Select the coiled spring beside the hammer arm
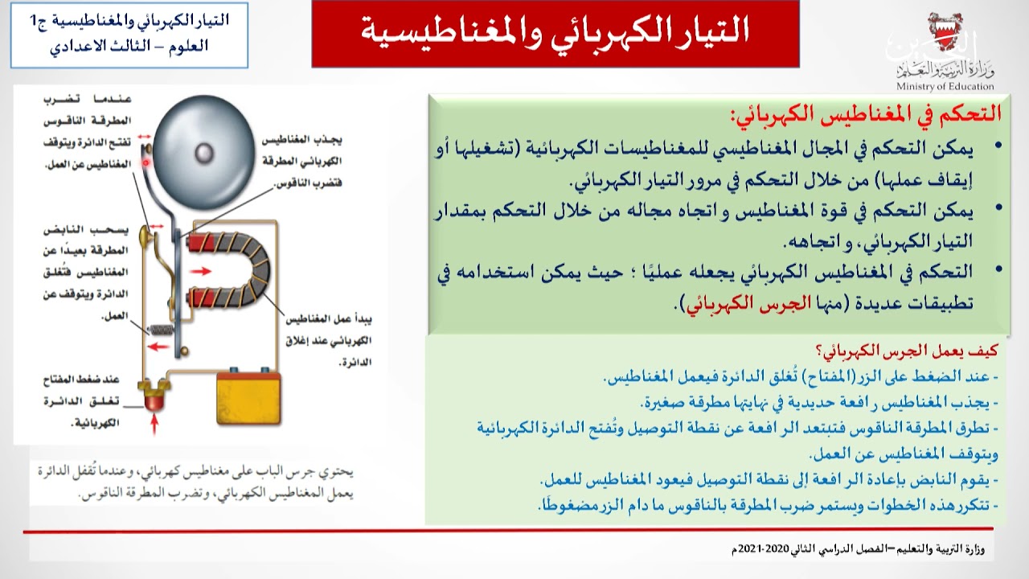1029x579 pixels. click(x=162, y=330)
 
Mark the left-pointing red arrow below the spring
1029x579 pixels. click(x=159, y=347)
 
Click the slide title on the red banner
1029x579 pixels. click(x=555, y=31)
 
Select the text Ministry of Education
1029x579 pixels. click(x=945, y=87)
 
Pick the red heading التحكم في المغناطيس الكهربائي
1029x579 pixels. click(x=865, y=113)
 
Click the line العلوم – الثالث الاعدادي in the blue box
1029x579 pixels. click(x=129, y=46)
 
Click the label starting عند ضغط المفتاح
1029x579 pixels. click(x=87, y=380)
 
